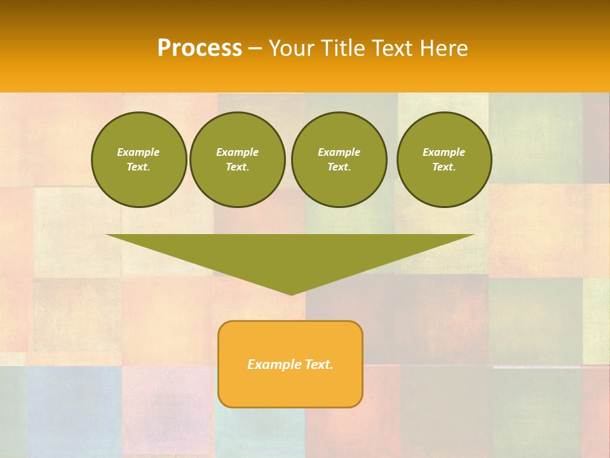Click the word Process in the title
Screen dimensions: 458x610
click(x=200, y=48)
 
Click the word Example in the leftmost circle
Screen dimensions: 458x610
click(x=139, y=152)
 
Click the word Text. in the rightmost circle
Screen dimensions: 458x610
click(x=444, y=167)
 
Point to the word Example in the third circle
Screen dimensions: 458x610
click(x=339, y=152)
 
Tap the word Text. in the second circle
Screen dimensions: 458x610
click(x=238, y=167)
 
